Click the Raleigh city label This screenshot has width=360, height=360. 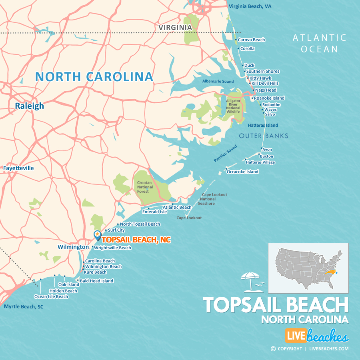click(30, 106)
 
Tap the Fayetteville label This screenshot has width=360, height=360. click(18, 168)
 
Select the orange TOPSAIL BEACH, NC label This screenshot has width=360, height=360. click(136, 240)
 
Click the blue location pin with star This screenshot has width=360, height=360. click(97, 235)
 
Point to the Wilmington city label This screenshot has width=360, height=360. click(73, 247)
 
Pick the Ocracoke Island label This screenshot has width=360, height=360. click(242, 172)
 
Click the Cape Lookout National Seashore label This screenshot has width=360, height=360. click(208, 199)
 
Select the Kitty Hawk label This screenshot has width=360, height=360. click(260, 78)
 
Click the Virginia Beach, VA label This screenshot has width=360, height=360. click(250, 6)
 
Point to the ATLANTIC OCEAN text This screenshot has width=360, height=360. click(319, 43)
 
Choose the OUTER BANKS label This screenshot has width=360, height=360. click(264, 136)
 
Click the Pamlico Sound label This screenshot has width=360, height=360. click(225, 154)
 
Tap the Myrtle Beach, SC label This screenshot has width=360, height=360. click(23, 307)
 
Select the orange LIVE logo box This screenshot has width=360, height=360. click(296, 335)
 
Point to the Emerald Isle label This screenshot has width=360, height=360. click(154, 212)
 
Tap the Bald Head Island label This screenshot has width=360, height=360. click(96, 281)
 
